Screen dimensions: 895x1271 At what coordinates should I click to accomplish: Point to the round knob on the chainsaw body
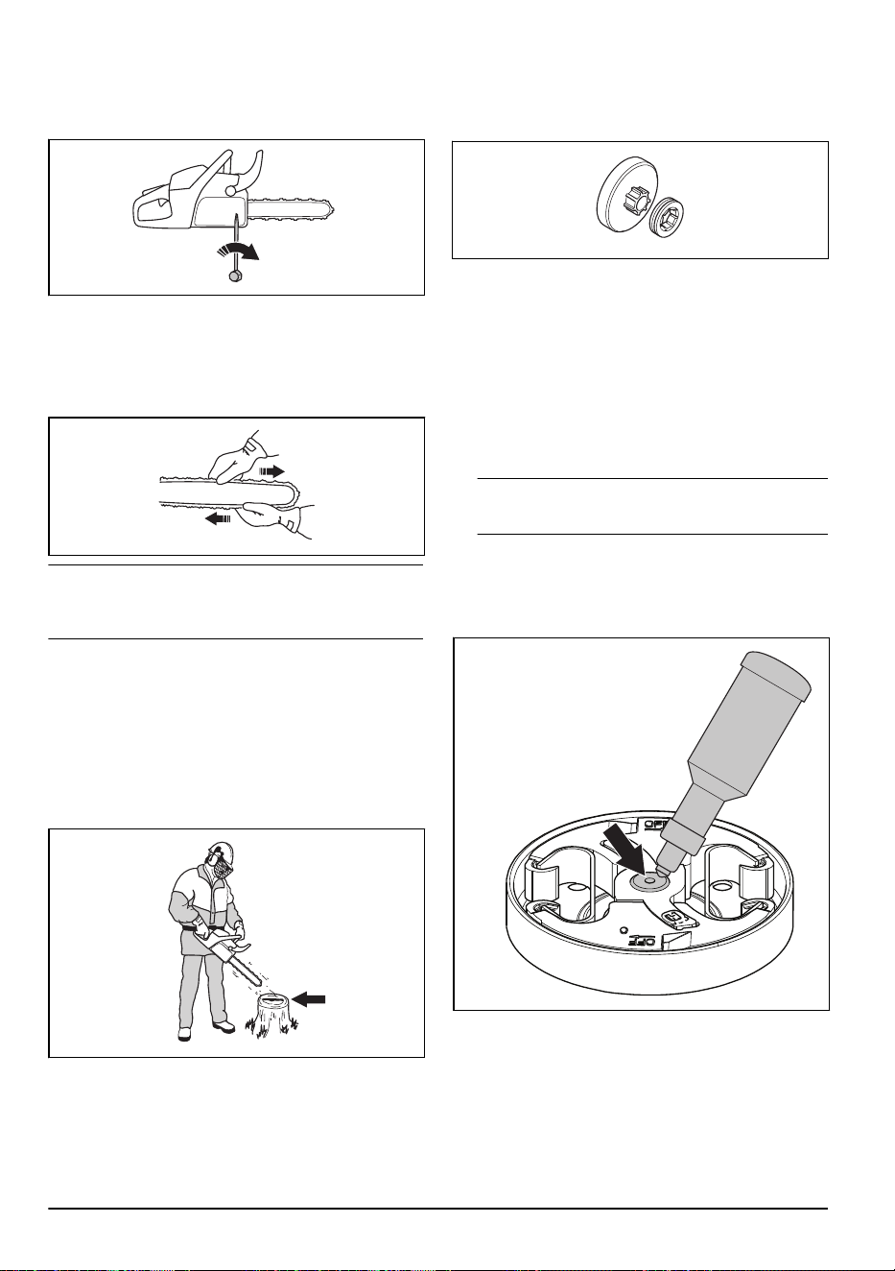pyautogui.click(x=231, y=192)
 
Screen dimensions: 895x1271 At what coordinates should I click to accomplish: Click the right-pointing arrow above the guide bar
pyautogui.click(x=271, y=471)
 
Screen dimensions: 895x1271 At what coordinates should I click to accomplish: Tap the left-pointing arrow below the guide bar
pyautogui.click(x=218, y=517)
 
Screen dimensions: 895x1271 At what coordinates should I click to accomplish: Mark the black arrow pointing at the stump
pyautogui.click(x=309, y=999)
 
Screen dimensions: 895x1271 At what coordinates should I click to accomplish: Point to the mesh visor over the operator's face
pyautogui.click(x=223, y=870)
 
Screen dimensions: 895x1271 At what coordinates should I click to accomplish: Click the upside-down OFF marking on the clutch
pyautogui.click(x=642, y=940)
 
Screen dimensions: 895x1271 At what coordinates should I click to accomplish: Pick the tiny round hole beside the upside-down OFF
pyautogui.click(x=624, y=930)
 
